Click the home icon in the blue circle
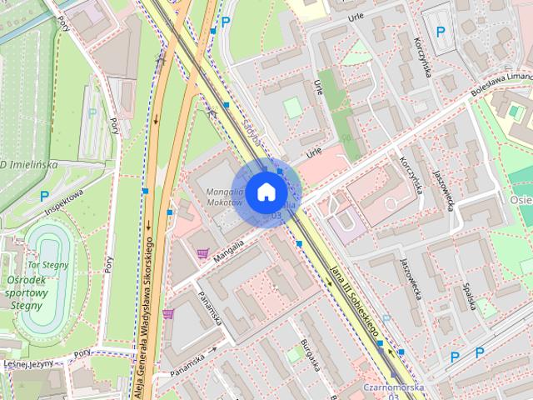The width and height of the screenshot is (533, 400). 265,191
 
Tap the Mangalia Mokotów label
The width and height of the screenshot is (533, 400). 222,197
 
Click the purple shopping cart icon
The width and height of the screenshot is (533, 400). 202,253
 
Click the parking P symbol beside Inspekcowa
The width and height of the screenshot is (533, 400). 44,196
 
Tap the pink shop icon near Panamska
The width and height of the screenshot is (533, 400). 169,313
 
